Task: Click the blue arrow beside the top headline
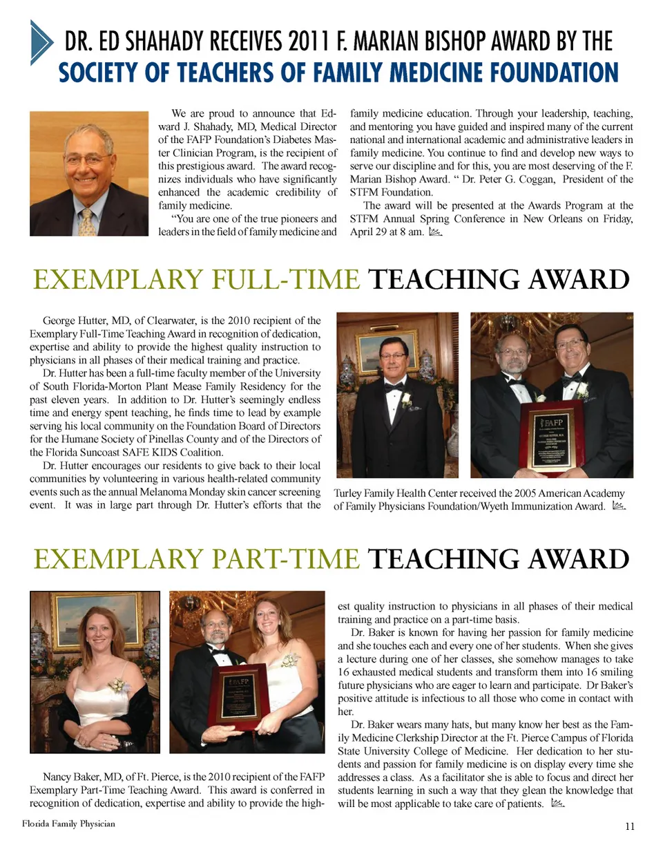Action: point(41,42)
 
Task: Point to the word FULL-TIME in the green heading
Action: point(285,279)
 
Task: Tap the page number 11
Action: point(629,826)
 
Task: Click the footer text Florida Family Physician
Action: point(68,823)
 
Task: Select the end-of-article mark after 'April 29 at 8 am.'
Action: point(434,232)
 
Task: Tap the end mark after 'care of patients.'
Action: point(557,804)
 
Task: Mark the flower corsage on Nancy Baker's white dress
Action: point(119,686)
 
